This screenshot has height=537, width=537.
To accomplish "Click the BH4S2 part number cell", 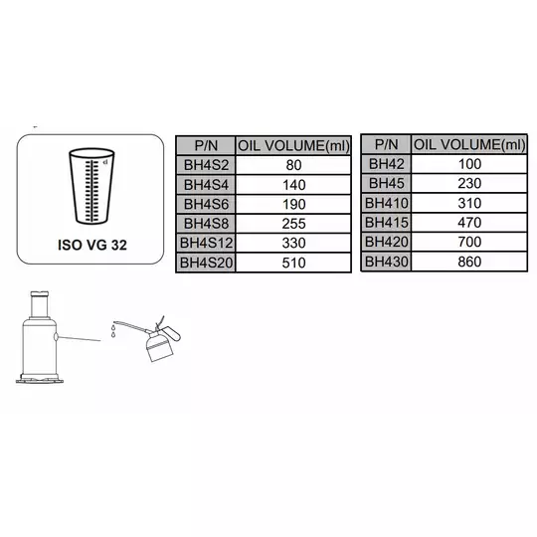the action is pyautogui.click(x=206, y=165).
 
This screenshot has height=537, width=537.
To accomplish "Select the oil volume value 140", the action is pyautogui.click(x=293, y=185).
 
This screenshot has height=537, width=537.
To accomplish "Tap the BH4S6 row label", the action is pyautogui.click(x=206, y=204).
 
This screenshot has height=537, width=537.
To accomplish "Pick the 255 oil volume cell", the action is pyautogui.click(x=293, y=224).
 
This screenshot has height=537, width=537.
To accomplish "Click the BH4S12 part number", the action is pyautogui.click(x=206, y=243).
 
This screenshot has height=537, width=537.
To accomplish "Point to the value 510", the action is pyautogui.click(x=293, y=263).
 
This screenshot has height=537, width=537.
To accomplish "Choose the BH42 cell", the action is pyautogui.click(x=386, y=164).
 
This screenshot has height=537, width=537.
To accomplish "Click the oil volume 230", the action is pyautogui.click(x=469, y=184).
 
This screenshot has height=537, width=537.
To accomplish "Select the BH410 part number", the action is pyautogui.click(x=386, y=203).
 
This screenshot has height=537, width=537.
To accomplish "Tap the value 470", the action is pyautogui.click(x=469, y=223).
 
